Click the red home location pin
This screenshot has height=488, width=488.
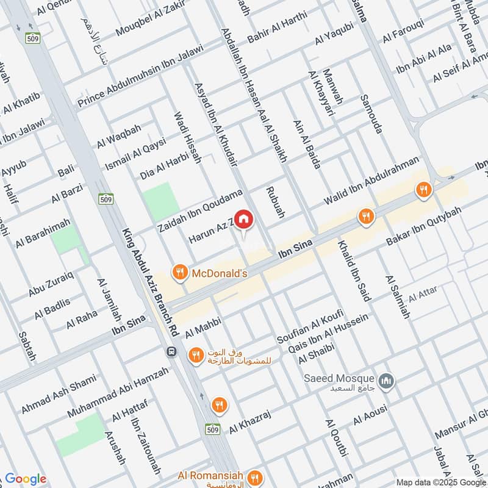243,220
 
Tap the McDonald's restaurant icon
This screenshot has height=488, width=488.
179,273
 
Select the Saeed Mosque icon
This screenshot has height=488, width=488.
386,382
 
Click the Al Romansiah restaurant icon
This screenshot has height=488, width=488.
256,476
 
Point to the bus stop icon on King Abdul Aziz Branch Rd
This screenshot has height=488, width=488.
172,353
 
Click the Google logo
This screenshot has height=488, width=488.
25,479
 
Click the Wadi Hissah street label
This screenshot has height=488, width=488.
187,137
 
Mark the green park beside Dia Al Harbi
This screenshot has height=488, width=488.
161,201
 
